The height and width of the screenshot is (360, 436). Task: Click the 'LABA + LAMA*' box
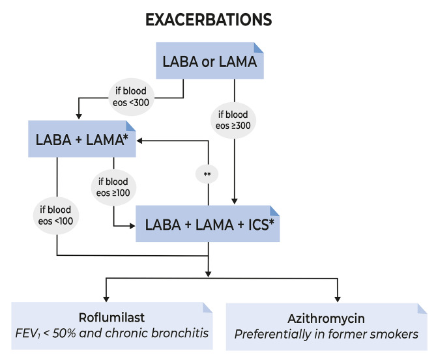[x=81, y=138]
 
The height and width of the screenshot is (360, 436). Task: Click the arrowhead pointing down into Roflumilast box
[x=108, y=296]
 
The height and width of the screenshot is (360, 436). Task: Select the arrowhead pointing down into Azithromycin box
[x=338, y=296]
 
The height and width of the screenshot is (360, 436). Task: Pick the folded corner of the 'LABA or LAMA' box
[x=257, y=48]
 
